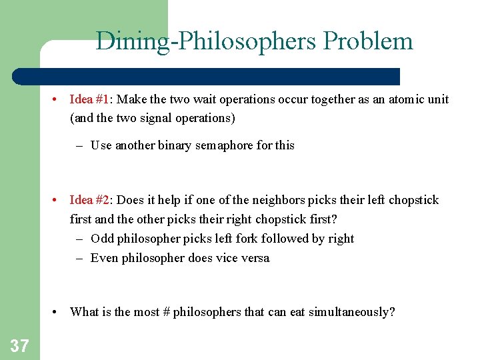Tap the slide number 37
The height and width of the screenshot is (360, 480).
(x=20, y=345)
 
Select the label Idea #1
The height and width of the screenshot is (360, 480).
(x=89, y=99)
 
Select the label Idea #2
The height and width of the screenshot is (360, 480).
(x=89, y=200)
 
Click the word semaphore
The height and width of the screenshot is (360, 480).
(x=224, y=145)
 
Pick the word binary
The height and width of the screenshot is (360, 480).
(x=173, y=145)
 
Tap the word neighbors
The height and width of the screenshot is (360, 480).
(x=261, y=200)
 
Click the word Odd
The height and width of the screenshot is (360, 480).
(x=101, y=239)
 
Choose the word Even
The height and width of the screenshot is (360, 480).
(x=104, y=258)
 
